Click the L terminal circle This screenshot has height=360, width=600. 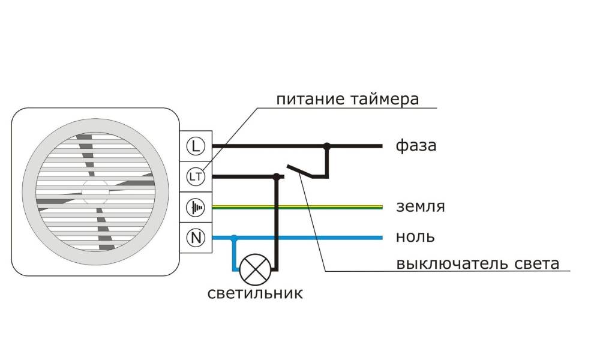(196, 146)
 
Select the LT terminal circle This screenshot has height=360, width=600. (196, 177)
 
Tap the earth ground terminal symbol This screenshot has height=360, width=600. (196, 208)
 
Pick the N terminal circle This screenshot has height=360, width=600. (196, 238)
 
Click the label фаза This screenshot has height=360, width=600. (416, 146)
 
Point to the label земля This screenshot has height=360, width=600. (421, 206)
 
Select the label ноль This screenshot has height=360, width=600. (415, 237)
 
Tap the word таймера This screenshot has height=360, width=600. (384, 100)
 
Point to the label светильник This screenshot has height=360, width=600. (255, 293)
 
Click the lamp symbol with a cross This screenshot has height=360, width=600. (255, 269)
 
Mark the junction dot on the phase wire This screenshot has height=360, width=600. (327, 146)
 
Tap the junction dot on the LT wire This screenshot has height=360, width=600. (276, 176)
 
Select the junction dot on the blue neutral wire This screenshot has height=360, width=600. (234, 238)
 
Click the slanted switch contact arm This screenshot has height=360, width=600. (301, 171)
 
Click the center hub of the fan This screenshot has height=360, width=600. (95, 191)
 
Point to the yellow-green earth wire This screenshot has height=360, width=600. (298, 208)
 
